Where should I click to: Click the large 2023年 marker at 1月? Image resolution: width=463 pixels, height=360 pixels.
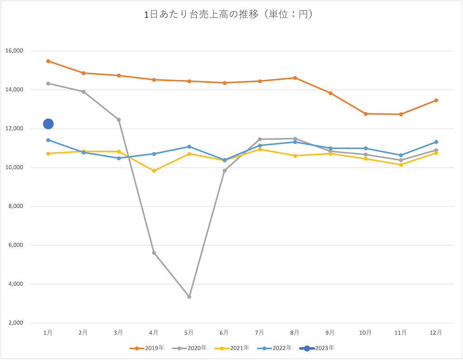click(48, 124)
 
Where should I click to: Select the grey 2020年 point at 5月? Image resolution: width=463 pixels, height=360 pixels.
click(189, 297)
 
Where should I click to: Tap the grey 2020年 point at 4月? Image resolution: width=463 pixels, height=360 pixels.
click(154, 253)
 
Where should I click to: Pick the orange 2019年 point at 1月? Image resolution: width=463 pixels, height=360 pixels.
click(48, 61)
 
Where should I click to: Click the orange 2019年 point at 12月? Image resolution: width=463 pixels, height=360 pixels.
click(436, 100)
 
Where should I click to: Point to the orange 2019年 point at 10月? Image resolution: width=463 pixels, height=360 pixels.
click(365, 114)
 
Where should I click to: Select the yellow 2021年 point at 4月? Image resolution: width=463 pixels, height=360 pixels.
click(154, 171)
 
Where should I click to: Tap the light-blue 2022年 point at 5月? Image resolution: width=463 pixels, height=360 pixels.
click(189, 146)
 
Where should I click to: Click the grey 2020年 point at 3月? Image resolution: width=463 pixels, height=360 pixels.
click(118, 120)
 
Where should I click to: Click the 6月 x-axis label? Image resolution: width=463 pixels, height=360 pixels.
click(224, 332)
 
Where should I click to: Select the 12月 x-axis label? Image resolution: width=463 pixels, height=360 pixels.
click(436, 332)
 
